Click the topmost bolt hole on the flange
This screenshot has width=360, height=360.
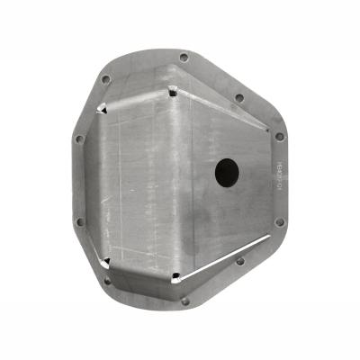pos(184,57)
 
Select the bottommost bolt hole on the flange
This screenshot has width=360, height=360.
pos(185,301)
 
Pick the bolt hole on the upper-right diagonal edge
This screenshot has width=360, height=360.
pos(239,97)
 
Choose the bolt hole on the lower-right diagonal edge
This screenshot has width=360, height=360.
pos(240,261)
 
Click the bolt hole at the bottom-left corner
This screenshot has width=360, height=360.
pos(107,280)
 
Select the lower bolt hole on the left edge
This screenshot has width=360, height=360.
pos(79,220)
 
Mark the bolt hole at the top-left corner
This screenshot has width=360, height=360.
pos(106,79)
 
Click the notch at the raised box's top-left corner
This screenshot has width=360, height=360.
pos(105,108)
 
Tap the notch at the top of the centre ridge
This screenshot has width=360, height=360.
pos(171,89)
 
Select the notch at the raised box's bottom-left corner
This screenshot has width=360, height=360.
pos(107,261)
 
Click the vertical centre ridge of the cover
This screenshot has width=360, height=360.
pos(172,180)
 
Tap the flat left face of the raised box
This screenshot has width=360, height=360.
pos(135,180)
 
